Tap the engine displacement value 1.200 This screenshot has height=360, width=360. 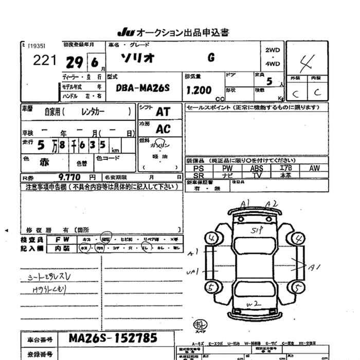pos(198,91)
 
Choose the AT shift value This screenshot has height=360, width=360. pos(163,112)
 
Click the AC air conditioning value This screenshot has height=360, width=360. pos(163,129)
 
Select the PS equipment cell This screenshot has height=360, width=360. pos(199,168)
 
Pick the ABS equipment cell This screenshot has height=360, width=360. pos(256,168)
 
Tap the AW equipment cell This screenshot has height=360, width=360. pos(314,168)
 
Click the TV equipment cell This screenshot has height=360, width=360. pos(256,175)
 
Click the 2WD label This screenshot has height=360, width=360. pos(273,50)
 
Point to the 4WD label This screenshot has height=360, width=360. pos(273,64)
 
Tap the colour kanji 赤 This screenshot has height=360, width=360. pos(45,161)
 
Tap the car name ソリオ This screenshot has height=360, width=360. pos(136,58)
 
